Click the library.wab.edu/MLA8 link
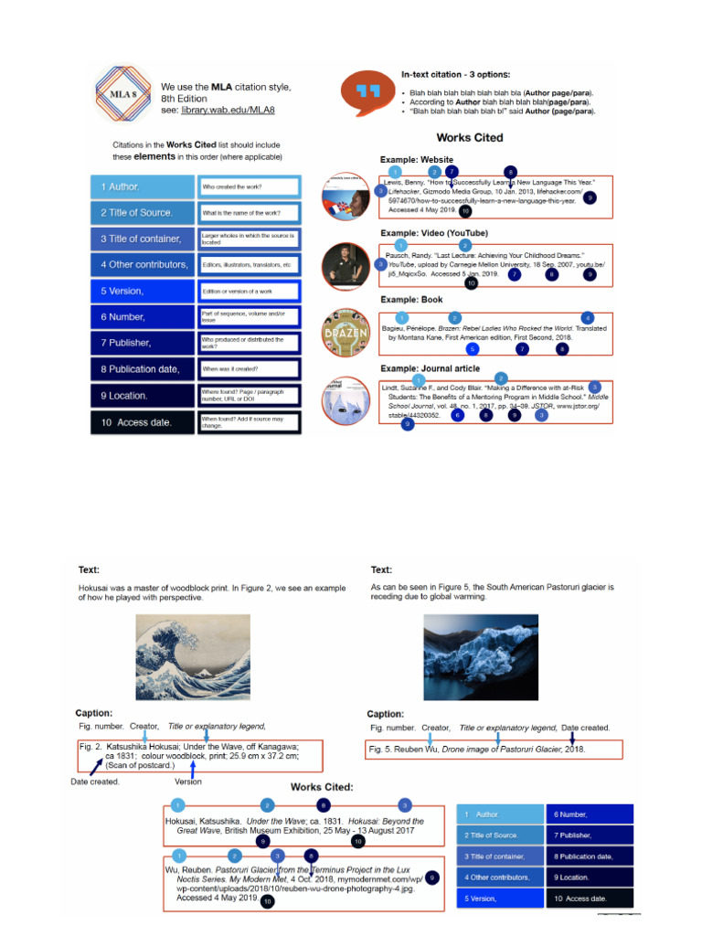pos(228,110)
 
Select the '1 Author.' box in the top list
pos(142,186)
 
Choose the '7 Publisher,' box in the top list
pos(142,342)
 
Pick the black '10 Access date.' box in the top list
pos(142,422)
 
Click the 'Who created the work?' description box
pos(248,186)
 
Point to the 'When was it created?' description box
pos(248,369)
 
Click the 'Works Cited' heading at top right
pos(469,138)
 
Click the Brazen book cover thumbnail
pos(345,335)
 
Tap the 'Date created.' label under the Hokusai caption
pos(95,782)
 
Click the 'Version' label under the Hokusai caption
pos(188,782)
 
